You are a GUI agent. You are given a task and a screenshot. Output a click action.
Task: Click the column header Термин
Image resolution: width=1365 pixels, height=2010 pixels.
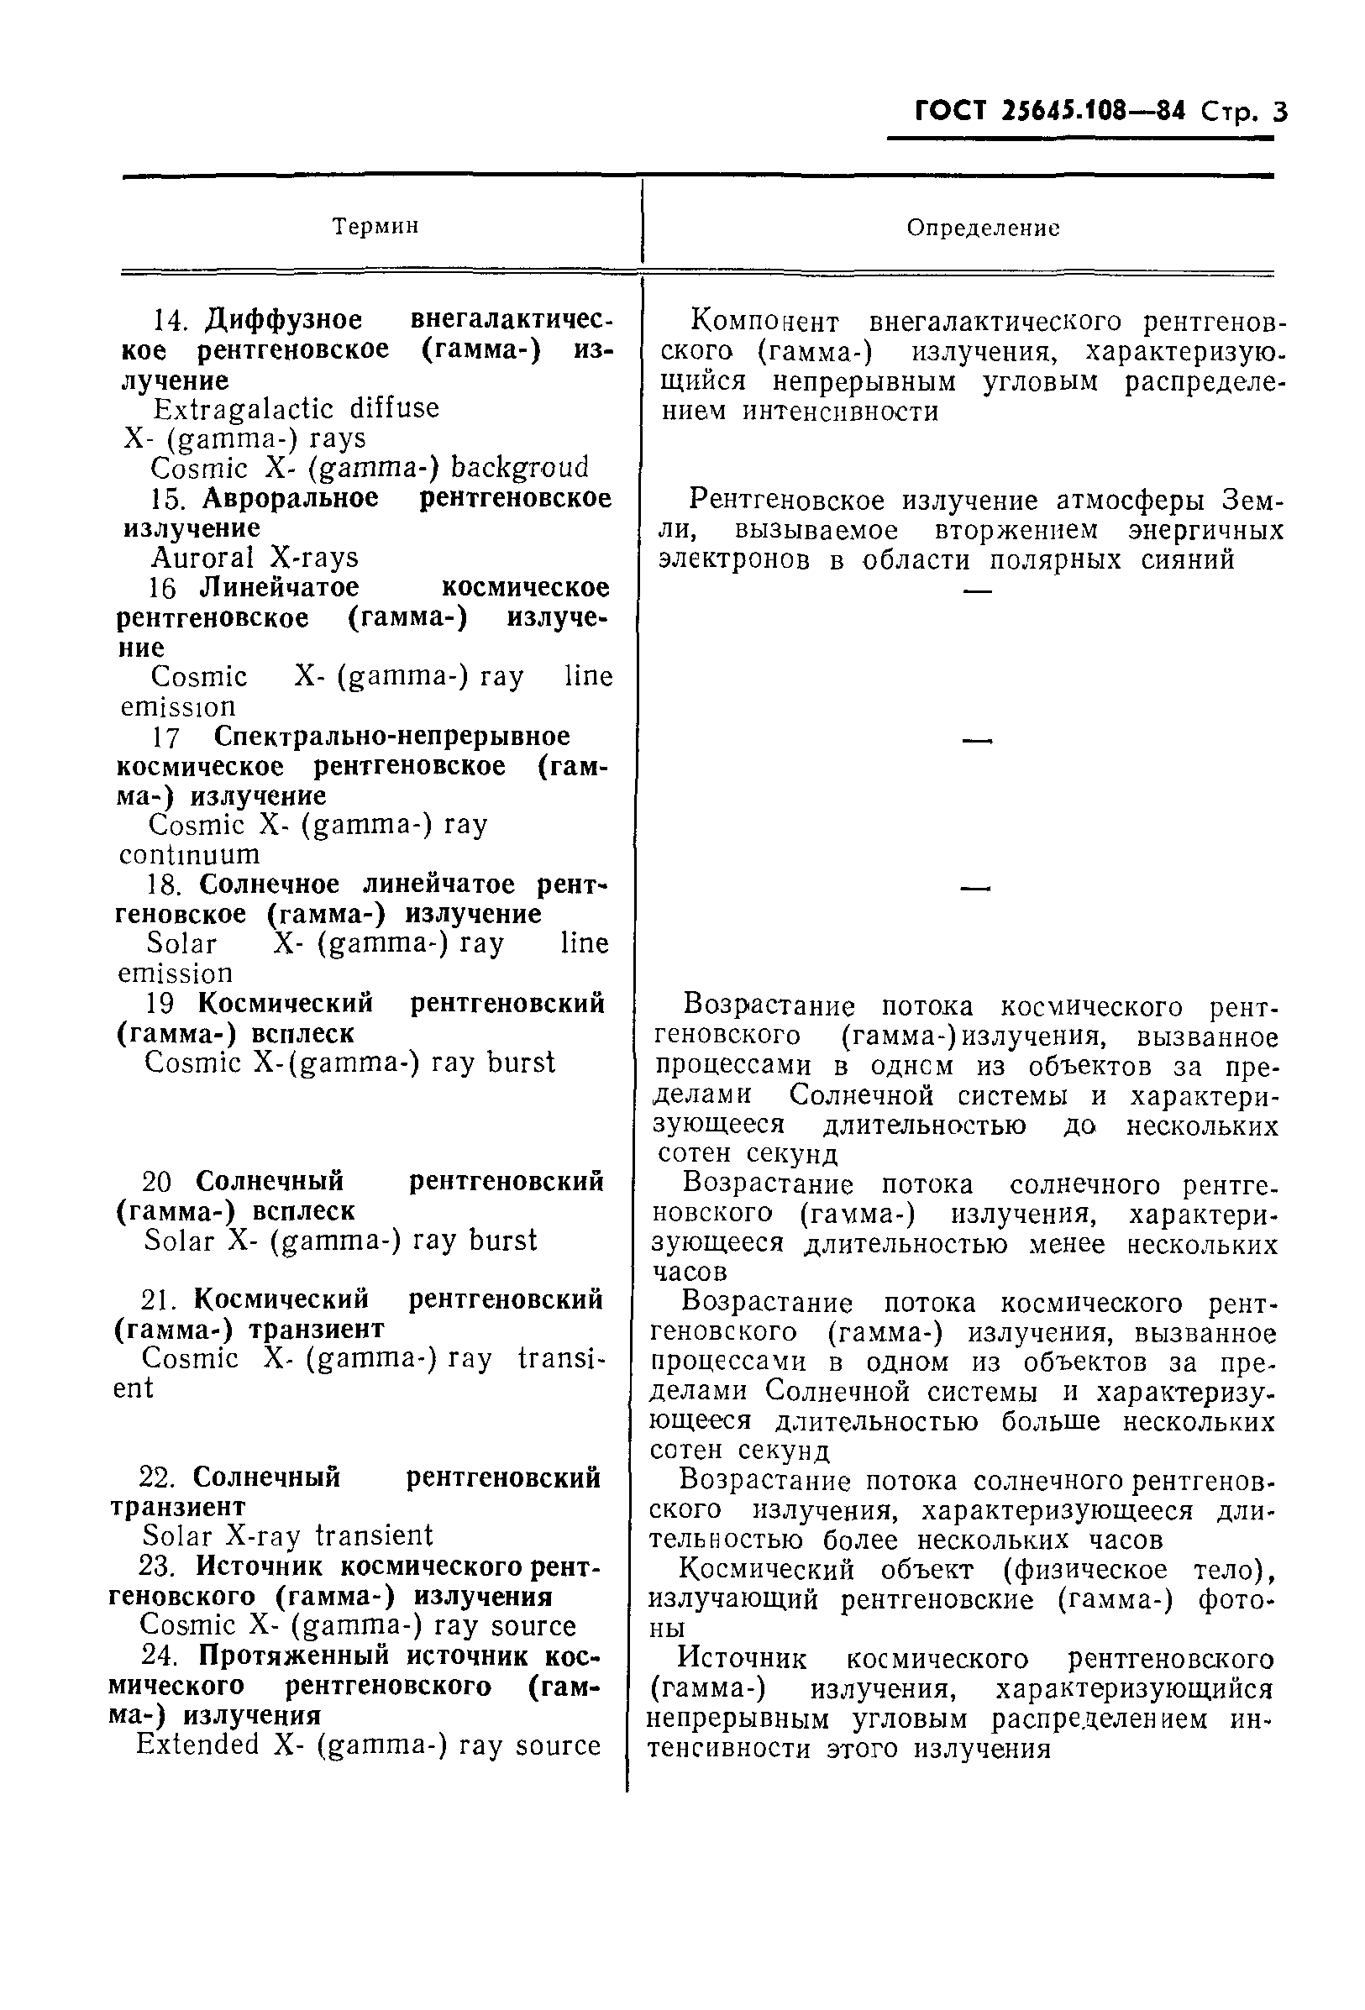point(375,227)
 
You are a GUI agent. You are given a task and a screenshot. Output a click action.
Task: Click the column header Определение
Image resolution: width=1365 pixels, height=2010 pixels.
point(983,228)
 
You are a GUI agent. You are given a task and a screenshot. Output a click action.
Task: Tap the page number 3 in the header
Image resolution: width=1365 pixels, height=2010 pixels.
point(1279,113)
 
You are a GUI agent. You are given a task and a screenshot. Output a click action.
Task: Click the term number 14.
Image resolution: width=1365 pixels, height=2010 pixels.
point(170,321)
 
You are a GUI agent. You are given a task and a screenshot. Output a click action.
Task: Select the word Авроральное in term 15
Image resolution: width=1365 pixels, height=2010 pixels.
point(291,499)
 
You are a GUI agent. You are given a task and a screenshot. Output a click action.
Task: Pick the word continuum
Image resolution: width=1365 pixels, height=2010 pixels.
point(190,855)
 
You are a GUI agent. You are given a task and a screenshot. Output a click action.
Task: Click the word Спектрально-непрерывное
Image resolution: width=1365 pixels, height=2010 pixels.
point(391,737)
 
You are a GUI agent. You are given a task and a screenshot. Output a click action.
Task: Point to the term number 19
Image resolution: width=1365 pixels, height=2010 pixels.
point(161,1004)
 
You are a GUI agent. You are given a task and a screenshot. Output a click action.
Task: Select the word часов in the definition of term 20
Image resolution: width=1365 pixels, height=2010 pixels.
point(689,1273)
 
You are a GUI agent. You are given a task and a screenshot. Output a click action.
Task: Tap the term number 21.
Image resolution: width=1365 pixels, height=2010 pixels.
point(158,1300)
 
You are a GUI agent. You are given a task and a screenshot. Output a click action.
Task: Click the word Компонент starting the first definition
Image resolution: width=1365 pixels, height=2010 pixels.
point(764,323)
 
